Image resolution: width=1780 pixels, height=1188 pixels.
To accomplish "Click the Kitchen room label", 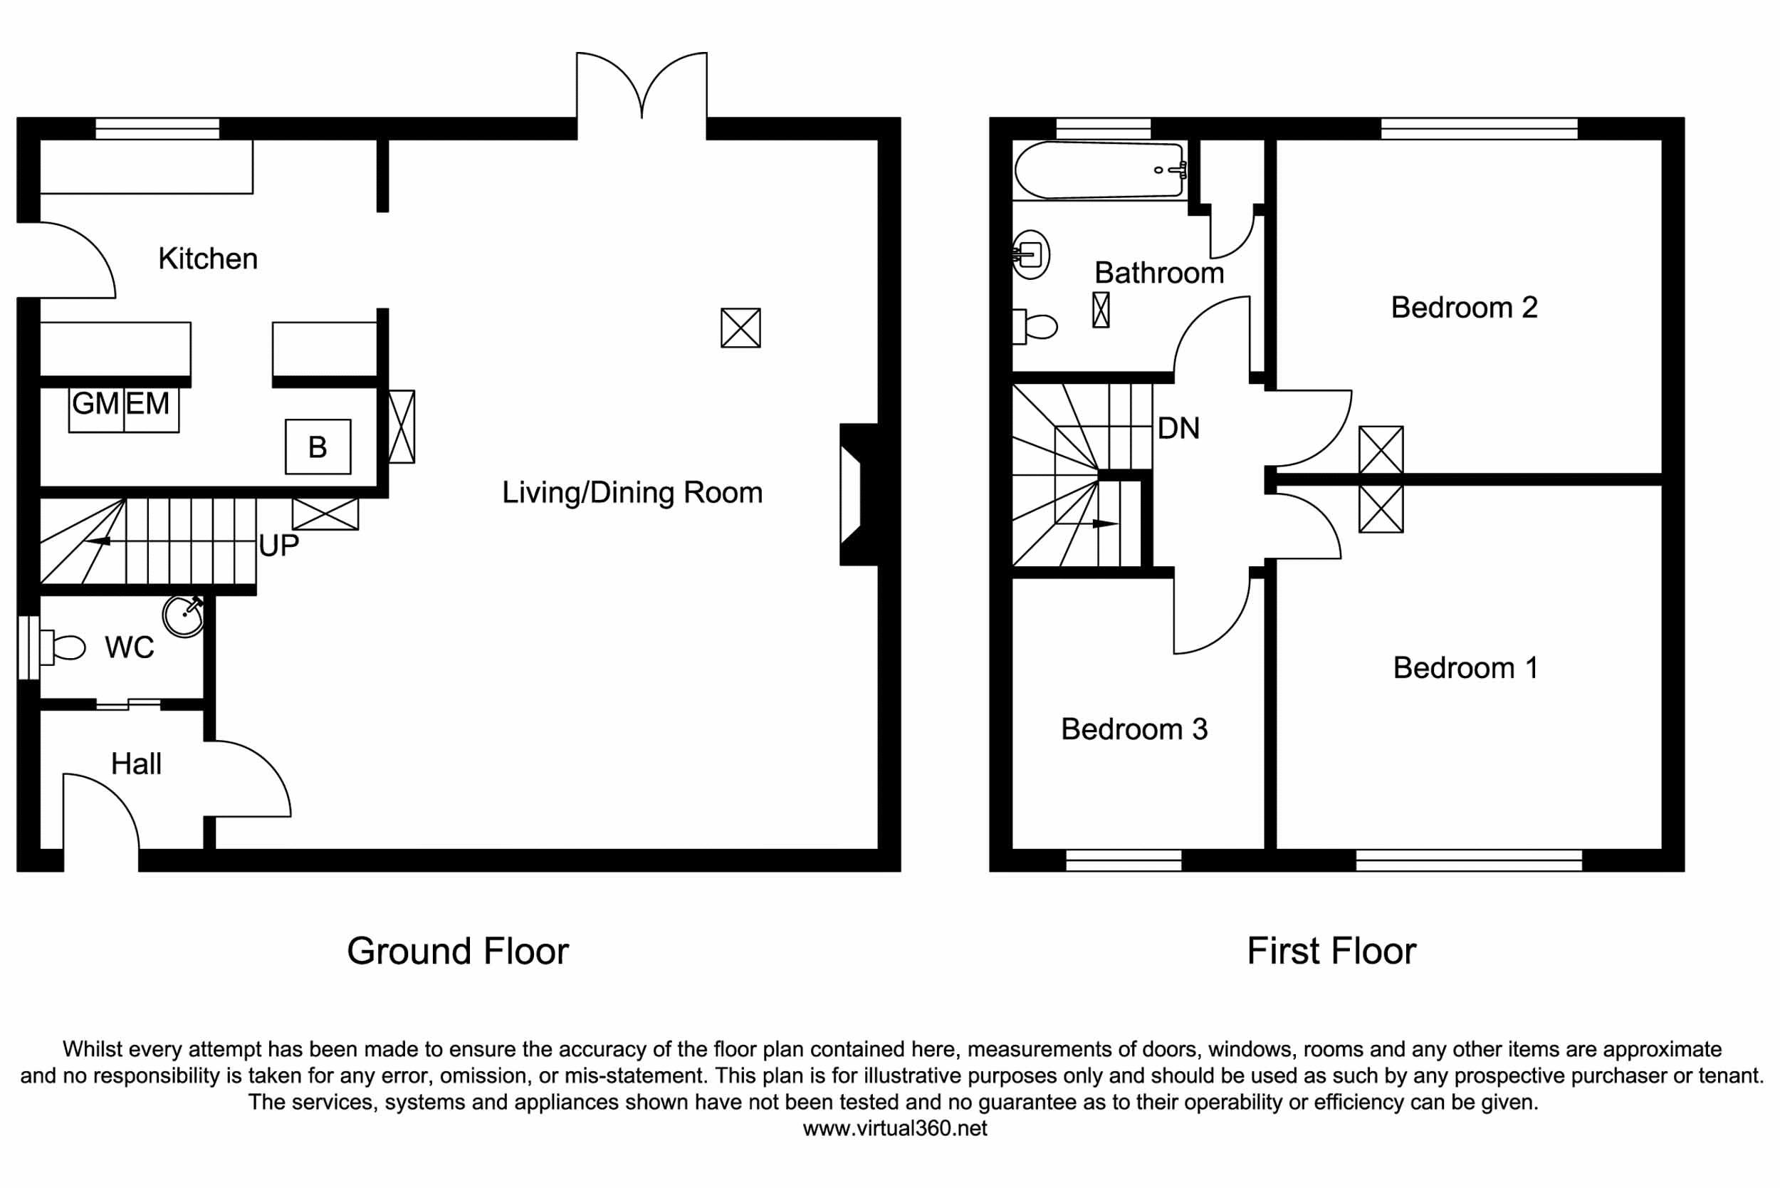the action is click(x=207, y=259).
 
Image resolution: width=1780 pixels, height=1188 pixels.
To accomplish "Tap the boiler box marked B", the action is click(x=318, y=447).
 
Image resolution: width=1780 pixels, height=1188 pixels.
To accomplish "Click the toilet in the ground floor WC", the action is click(x=63, y=648).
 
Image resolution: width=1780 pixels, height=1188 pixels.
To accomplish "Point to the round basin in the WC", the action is click(x=183, y=616).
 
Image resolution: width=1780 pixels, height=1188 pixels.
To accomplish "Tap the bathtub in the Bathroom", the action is click(x=1099, y=170).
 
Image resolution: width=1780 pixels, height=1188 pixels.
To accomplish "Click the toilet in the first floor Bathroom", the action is click(x=1036, y=326).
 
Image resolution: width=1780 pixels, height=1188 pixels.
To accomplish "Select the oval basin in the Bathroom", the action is click(x=1032, y=254).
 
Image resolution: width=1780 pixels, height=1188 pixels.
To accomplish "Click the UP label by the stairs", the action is click(x=278, y=546).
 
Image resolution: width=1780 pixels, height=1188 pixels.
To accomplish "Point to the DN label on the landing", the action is click(x=1178, y=429).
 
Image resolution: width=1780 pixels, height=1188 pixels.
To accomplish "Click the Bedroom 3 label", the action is click(x=1134, y=729).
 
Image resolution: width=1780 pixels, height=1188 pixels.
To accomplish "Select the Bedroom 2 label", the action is click(x=1464, y=308).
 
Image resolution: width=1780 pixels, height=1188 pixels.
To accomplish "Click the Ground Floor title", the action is click(x=458, y=952).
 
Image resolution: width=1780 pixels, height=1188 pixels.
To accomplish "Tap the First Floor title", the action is click(x=1331, y=952).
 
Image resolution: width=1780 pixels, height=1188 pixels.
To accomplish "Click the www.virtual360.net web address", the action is click(x=894, y=1129).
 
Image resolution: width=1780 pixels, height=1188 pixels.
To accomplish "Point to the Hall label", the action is click(x=136, y=764).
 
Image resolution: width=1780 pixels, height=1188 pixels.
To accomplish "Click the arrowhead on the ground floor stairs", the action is click(x=98, y=541).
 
